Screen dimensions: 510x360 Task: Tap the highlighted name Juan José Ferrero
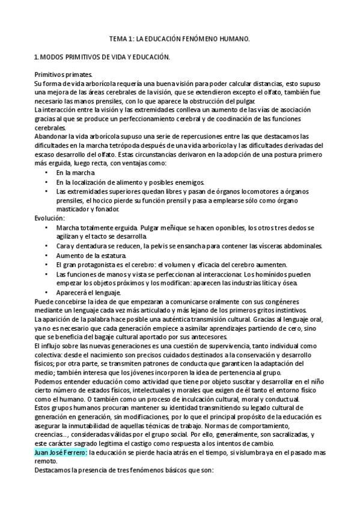pyautogui.click(x=61, y=469)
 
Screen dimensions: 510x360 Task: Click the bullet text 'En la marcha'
pyautogui.click(x=75, y=173)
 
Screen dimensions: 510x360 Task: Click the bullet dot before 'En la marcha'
pyautogui.click(x=47, y=173)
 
